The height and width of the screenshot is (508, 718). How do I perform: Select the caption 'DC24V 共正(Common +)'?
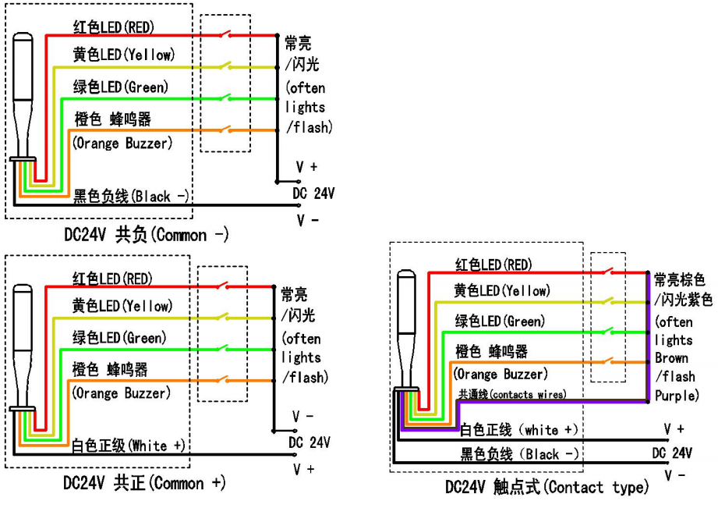pos(144,483)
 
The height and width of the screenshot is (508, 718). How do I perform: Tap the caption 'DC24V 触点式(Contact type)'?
pos(546,488)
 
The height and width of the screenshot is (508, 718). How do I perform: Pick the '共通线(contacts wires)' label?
pos(511,395)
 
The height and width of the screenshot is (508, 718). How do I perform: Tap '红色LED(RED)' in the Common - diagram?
pos(113,28)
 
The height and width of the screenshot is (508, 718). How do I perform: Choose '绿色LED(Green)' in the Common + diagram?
pos(119,338)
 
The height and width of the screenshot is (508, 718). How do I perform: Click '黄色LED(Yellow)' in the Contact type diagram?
pos(502,291)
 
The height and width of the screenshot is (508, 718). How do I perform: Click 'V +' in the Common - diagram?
pos(306,167)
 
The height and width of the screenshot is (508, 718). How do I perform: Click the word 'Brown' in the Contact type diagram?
pos(671,358)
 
